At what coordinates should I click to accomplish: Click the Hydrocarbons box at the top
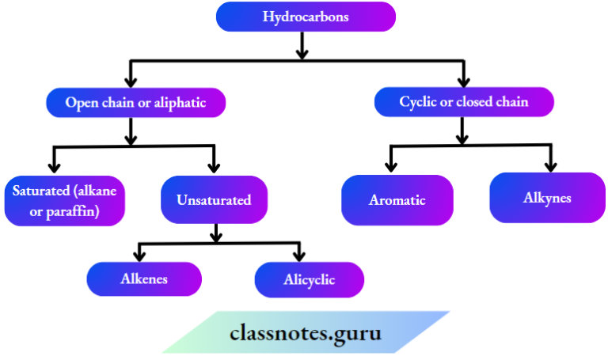point(306,17)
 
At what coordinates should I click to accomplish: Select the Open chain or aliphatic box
point(136,102)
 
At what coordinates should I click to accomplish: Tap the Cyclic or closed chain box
point(463,101)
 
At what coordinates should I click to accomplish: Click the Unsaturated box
point(215,199)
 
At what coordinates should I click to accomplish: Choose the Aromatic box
point(397,199)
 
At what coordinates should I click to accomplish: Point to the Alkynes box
point(546,197)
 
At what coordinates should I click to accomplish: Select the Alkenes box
point(144,279)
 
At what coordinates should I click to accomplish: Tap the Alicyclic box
point(309,279)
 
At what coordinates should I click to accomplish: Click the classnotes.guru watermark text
point(305,333)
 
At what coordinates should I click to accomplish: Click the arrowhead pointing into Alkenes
point(140,255)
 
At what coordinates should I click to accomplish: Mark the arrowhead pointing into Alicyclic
point(299,255)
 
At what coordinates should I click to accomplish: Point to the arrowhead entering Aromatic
point(390,166)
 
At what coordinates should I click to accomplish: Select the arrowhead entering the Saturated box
point(54,166)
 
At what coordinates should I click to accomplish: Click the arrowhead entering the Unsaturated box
point(214,166)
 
